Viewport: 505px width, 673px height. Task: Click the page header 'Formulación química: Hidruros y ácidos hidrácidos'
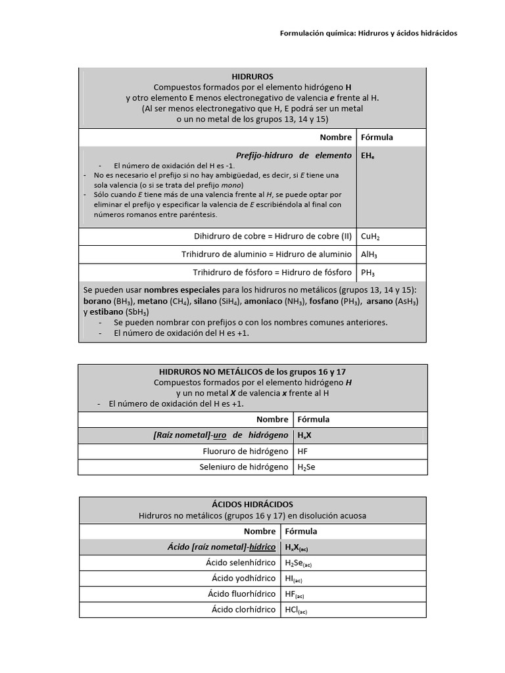[x=368, y=32]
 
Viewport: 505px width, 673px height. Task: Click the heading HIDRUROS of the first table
[x=252, y=77]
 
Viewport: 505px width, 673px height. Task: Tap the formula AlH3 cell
[x=369, y=255]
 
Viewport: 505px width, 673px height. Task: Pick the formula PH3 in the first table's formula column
[x=368, y=273]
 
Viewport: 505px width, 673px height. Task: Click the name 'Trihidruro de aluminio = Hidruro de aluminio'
[x=266, y=254]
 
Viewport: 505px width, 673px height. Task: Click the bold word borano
[x=97, y=301]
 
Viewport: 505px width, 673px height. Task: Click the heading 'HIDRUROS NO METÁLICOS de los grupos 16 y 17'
[x=253, y=372]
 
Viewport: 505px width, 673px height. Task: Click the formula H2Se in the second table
[x=308, y=467]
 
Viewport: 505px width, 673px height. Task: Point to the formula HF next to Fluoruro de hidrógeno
[x=302, y=451]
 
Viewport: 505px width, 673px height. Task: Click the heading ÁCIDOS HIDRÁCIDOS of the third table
[x=253, y=503]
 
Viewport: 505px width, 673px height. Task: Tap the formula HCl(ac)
[x=295, y=610]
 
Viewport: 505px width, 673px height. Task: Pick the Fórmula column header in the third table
[x=301, y=531]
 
